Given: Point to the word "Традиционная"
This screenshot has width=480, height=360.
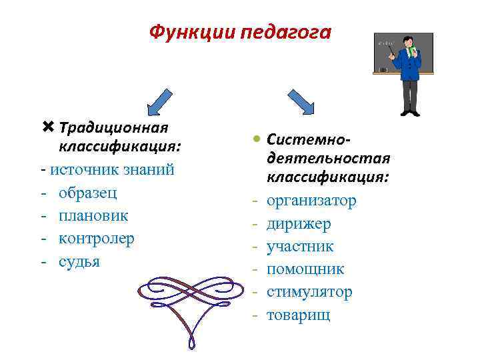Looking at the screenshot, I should click(x=113, y=127).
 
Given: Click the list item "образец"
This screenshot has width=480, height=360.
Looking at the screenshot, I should click(x=87, y=193).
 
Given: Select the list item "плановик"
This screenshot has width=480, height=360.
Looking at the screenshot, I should click(x=93, y=215).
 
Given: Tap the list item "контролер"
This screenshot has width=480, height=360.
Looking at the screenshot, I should click(x=96, y=238).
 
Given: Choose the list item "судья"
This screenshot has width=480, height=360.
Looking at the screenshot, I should click(x=79, y=261).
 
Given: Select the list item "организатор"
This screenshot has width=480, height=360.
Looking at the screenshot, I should click(x=311, y=201).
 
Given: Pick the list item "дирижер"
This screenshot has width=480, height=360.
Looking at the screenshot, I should click(x=299, y=223).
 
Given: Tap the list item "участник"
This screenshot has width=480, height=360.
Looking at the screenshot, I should click(x=300, y=246).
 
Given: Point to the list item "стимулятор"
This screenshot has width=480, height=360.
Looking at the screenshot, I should click(x=309, y=291).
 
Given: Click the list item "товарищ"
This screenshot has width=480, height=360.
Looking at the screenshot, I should click(x=298, y=314).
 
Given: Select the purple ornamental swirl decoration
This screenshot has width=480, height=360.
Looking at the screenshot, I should click(x=193, y=293).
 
